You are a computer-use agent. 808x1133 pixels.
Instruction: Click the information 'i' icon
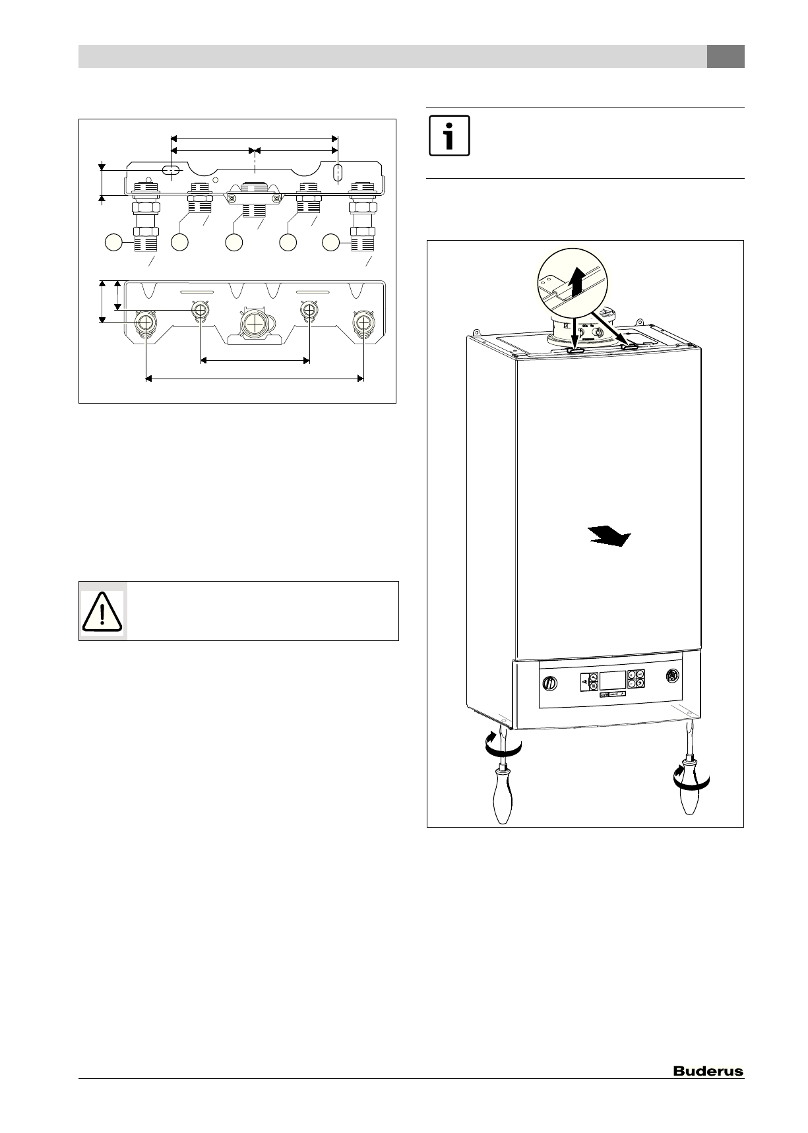click(x=449, y=137)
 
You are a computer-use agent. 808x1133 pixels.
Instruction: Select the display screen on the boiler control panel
click(x=611, y=680)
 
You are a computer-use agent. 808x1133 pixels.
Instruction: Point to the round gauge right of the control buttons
click(x=672, y=676)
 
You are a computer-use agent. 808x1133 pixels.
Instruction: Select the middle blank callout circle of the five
click(x=234, y=243)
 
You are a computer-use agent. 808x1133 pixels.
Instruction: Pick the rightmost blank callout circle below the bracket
click(x=332, y=243)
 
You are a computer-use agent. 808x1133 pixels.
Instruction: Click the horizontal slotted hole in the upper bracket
click(x=171, y=173)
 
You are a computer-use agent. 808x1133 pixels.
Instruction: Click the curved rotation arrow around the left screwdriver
click(x=503, y=746)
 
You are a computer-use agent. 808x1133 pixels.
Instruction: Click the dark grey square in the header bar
click(x=726, y=57)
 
